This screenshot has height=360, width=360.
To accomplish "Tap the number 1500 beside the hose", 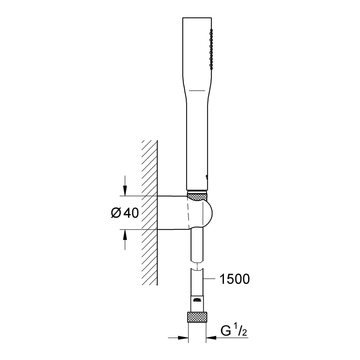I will (234, 279).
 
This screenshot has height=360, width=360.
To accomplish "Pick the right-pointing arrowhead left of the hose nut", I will (184, 337).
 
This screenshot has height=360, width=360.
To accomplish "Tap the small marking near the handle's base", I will (205, 177).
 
